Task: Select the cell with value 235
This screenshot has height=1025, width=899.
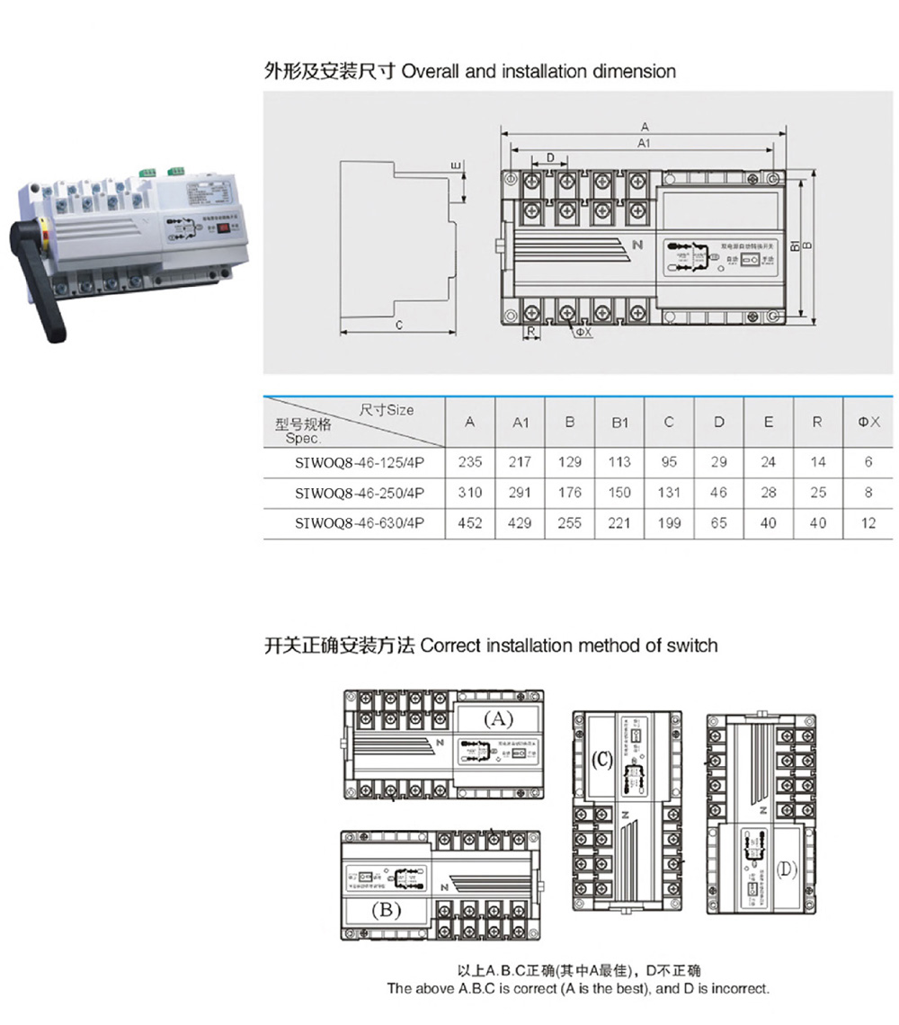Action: pos(470,462)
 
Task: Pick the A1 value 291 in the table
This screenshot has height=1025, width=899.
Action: pos(521,493)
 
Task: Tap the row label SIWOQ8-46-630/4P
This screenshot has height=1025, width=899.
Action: pos(360,523)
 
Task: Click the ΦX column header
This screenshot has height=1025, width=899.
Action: pos(868,422)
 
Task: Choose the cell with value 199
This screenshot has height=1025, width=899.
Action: pos(669,523)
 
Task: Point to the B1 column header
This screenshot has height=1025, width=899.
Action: pos(619,423)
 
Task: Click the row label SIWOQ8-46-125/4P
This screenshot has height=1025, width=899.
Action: pos(360,463)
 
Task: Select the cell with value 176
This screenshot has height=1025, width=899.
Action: pos(570,493)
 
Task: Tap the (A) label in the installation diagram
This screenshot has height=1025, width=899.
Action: pos(498,718)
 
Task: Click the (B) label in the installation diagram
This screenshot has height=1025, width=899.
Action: pos(386,910)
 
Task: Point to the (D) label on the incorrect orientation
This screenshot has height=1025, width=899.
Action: pos(788,869)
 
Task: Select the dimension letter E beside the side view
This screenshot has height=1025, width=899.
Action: pos(455,166)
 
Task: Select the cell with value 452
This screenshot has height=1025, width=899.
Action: pos(470,523)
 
